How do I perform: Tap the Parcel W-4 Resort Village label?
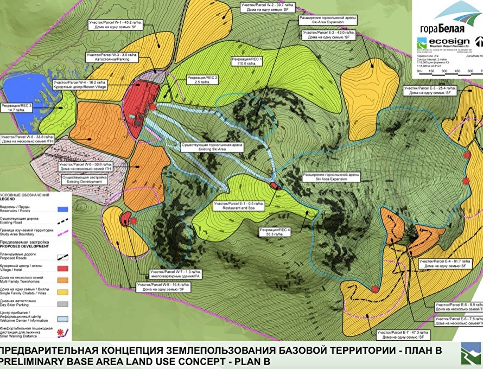coord(79,85)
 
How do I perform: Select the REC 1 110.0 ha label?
coord(246,61)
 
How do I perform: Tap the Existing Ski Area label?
coord(212,149)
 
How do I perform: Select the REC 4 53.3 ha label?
coord(276,232)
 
